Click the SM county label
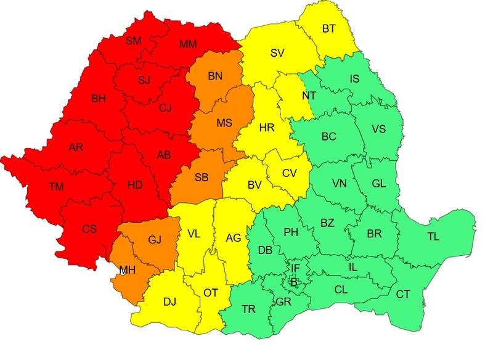[x=133, y=41]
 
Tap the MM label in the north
[x=188, y=44]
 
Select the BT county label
[x=329, y=28]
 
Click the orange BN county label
[x=214, y=77]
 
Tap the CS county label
[x=89, y=229]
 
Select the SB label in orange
[x=202, y=178]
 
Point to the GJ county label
[x=155, y=240]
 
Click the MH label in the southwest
[x=127, y=270]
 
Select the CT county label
[x=402, y=295]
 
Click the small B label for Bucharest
[x=293, y=282]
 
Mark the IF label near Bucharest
[x=295, y=268]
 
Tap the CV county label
[x=290, y=173]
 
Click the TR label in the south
[x=249, y=309]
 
